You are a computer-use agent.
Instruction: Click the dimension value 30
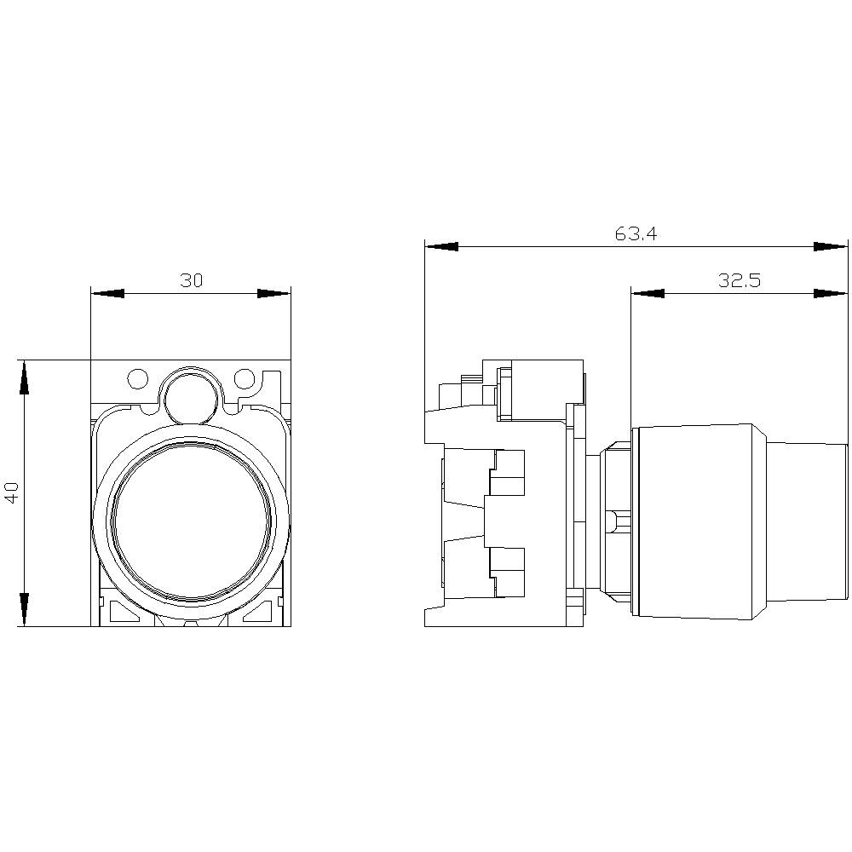coord(191,280)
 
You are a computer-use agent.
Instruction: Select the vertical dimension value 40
coord(12,492)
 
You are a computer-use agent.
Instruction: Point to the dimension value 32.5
coord(738,280)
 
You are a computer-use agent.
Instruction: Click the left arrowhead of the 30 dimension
coord(106,293)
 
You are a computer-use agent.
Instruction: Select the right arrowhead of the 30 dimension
coord(274,293)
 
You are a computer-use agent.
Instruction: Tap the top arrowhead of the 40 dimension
coord(25,377)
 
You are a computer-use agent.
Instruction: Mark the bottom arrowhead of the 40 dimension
coord(25,609)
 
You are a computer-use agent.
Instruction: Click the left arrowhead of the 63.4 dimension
coord(441,246)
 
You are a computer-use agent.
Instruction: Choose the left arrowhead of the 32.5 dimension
coord(648,293)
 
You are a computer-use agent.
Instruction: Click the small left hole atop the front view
coord(136,377)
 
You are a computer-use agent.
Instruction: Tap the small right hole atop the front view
coord(244,377)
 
